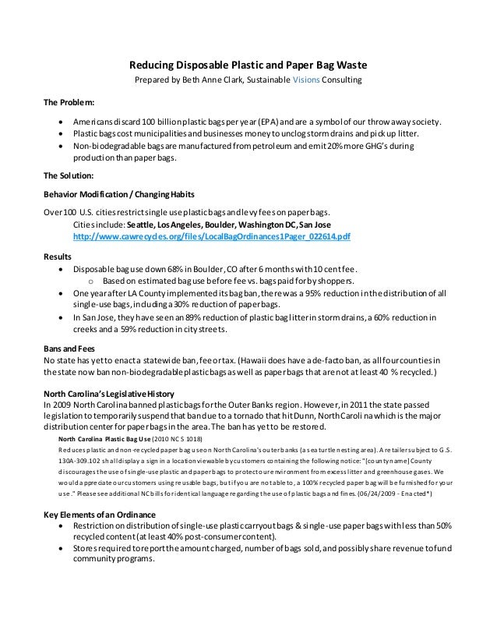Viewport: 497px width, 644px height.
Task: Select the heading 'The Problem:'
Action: (69, 103)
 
